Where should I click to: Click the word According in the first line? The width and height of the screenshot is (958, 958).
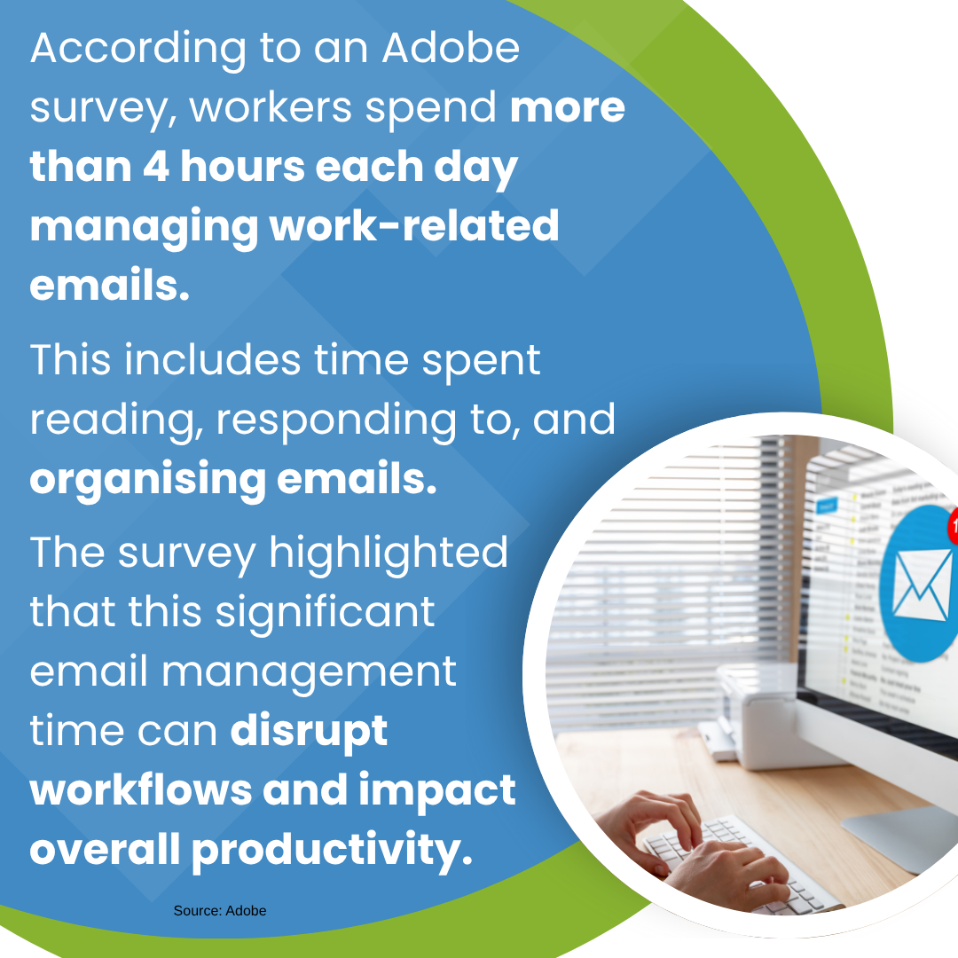point(138,50)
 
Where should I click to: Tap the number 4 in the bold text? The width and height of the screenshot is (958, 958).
point(156,167)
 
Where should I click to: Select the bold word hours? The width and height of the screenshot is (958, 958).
point(242,167)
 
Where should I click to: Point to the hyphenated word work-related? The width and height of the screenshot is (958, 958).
point(414,225)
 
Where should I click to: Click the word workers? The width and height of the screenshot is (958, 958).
point(271,108)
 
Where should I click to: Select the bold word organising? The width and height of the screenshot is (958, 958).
point(148,481)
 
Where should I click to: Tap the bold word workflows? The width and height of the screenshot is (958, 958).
point(140,789)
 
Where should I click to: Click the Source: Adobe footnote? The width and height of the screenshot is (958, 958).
point(220,910)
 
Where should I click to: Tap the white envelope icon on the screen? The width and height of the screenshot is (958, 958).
point(923,584)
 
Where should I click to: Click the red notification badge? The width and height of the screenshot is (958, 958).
point(953,526)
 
